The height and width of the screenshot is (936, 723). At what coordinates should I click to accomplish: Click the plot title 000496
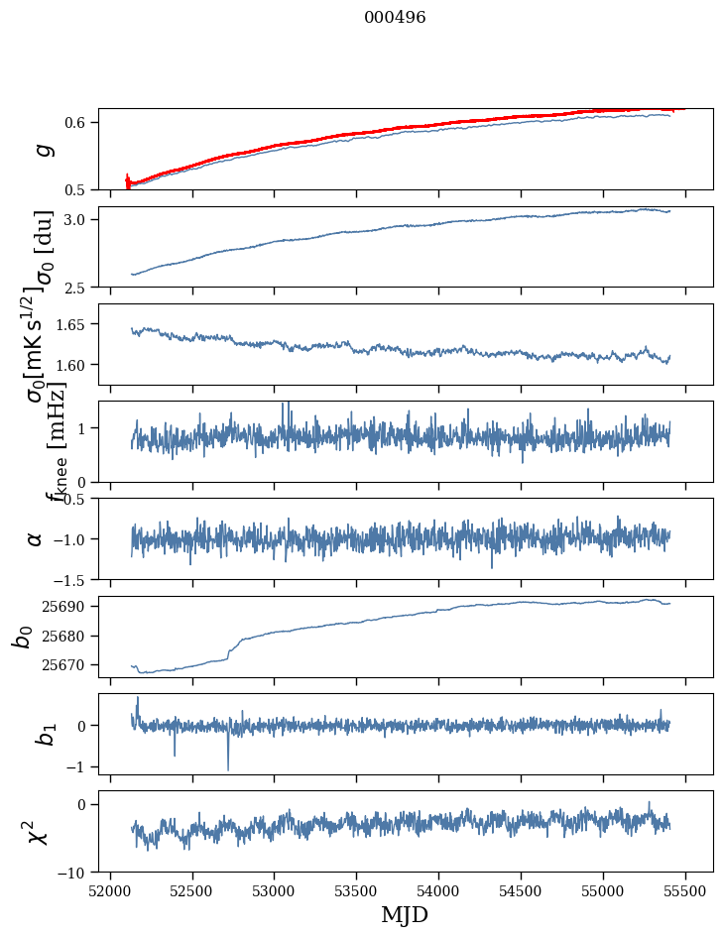click(395, 18)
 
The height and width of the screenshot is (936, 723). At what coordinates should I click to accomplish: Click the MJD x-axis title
click(405, 914)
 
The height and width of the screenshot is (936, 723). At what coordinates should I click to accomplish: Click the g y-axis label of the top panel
click(41, 149)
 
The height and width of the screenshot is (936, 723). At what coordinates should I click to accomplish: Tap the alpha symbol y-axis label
click(35, 538)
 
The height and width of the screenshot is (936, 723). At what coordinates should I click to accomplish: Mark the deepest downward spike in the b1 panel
click(228, 769)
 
